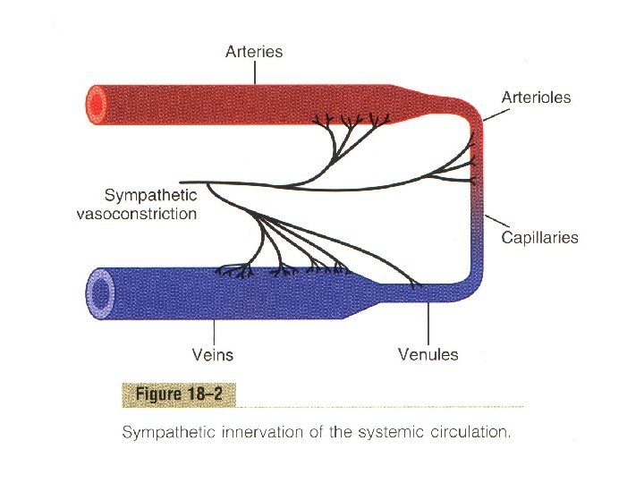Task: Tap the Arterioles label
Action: [x=536, y=97]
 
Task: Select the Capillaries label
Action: [x=539, y=237]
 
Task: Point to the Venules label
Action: [x=428, y=354]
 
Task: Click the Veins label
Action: [x=213, y=354]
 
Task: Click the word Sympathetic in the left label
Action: [x=150, y=195]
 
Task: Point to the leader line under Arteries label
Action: [x=255, y=73]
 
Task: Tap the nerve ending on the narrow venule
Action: [x=413, y=286]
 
